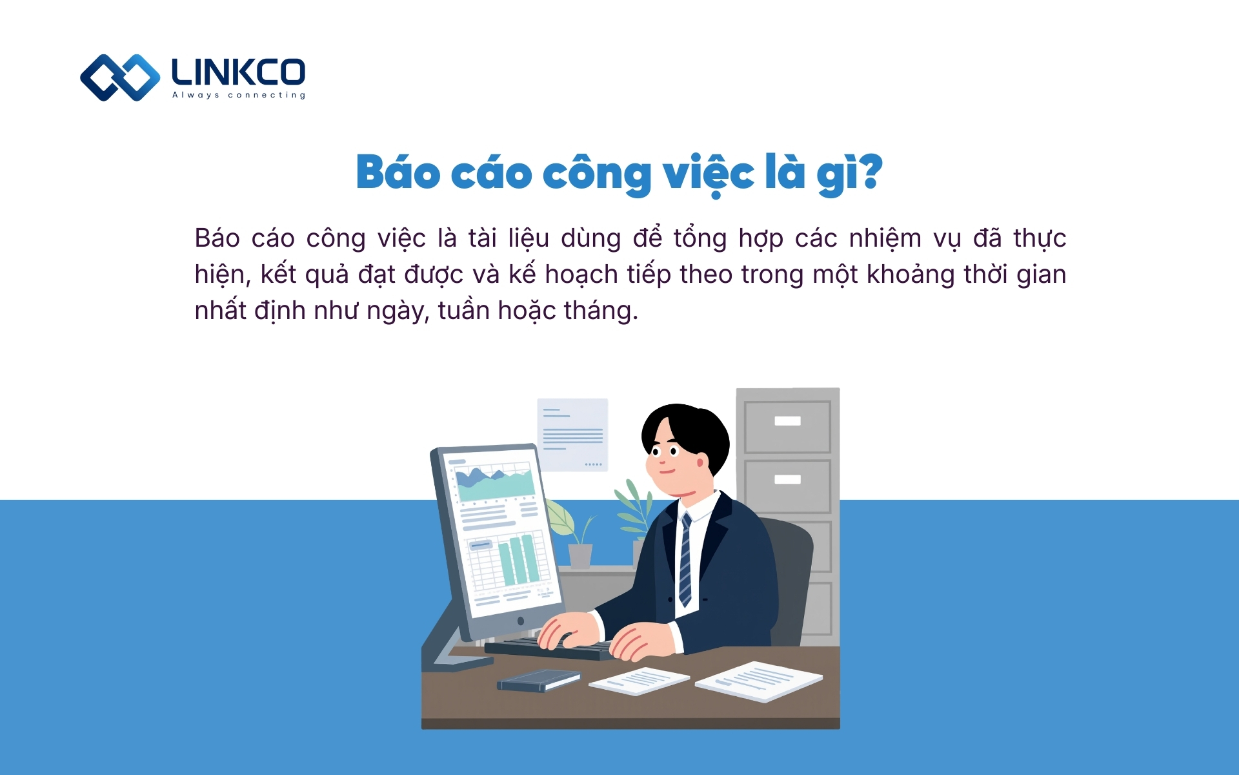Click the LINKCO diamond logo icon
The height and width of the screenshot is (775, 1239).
tap(120, 77)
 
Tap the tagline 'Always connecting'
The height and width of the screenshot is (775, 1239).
tap(239, 95)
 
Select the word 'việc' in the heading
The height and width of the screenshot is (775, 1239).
tap(709, 173)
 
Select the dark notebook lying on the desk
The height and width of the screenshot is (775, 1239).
tap(538, 680)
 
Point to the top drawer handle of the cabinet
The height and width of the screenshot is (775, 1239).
tap(787, 421)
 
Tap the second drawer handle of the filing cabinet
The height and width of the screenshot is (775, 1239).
tap(787, 479)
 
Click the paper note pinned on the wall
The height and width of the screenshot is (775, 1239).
tap(572, 434)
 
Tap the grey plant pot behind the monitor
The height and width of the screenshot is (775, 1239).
tap(580, 555)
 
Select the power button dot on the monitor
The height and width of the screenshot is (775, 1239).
tap(521, 621)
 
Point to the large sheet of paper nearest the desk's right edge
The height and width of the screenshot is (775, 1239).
tap(759, 681)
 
